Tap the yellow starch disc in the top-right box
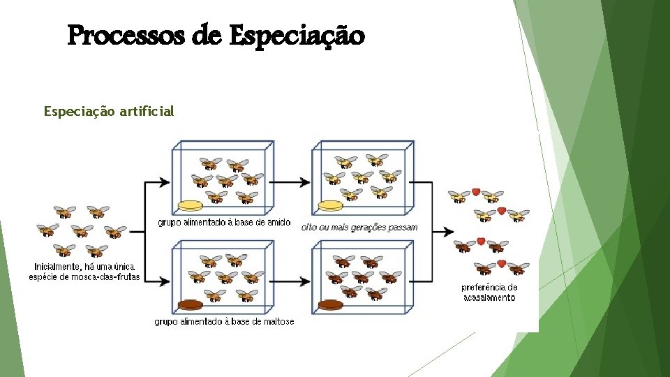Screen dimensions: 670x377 coord(330,206)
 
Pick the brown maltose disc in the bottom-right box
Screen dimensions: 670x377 coord(330,304)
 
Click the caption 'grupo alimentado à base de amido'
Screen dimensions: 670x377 coord(219,223)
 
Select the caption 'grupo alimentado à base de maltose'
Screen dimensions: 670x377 coord(224,322)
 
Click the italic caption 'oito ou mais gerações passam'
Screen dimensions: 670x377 coord(359,227)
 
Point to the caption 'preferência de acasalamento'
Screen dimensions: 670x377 coord(489,293)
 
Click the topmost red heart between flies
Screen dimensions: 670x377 coord(475,192)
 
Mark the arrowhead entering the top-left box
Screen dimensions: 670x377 coord(165,183)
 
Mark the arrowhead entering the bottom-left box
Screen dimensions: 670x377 coord(165,281)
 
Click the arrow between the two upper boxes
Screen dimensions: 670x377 coord(290,183)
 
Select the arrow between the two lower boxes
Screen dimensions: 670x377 coord(290,281)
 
